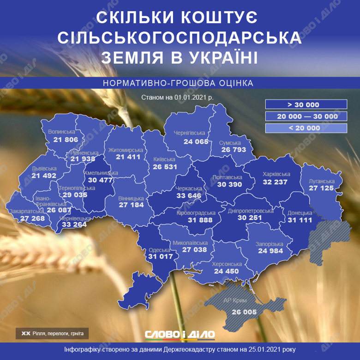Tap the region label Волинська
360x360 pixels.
pyautogui.click(x=61, y=131)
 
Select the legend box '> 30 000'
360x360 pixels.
pyautogui.click(x=306, y=104)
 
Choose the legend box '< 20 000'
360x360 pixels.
pyautogui.click(x=306, y=128)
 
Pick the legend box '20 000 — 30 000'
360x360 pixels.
pyautogui.click(x=306, y=116)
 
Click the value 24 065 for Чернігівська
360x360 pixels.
pyautogui.click(x=196, y=141)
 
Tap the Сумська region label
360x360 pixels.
pyautogui.click(x=230, y=143)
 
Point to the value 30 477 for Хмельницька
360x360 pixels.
pyautogui.click(x=100, y=180)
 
